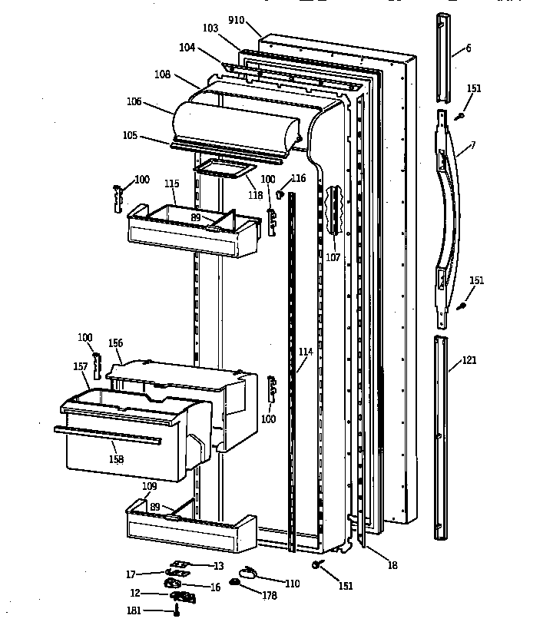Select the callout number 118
tap(255, 195)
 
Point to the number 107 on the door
tap(332, 257)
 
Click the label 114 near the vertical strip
tap(306, 352)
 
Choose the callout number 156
tap(115, 343)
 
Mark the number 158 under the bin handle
tap(115, 459)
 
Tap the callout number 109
tap(149, 486)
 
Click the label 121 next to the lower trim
tap(469, 359)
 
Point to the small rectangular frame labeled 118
tap(224, 171)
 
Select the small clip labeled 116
tap(281, 194)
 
